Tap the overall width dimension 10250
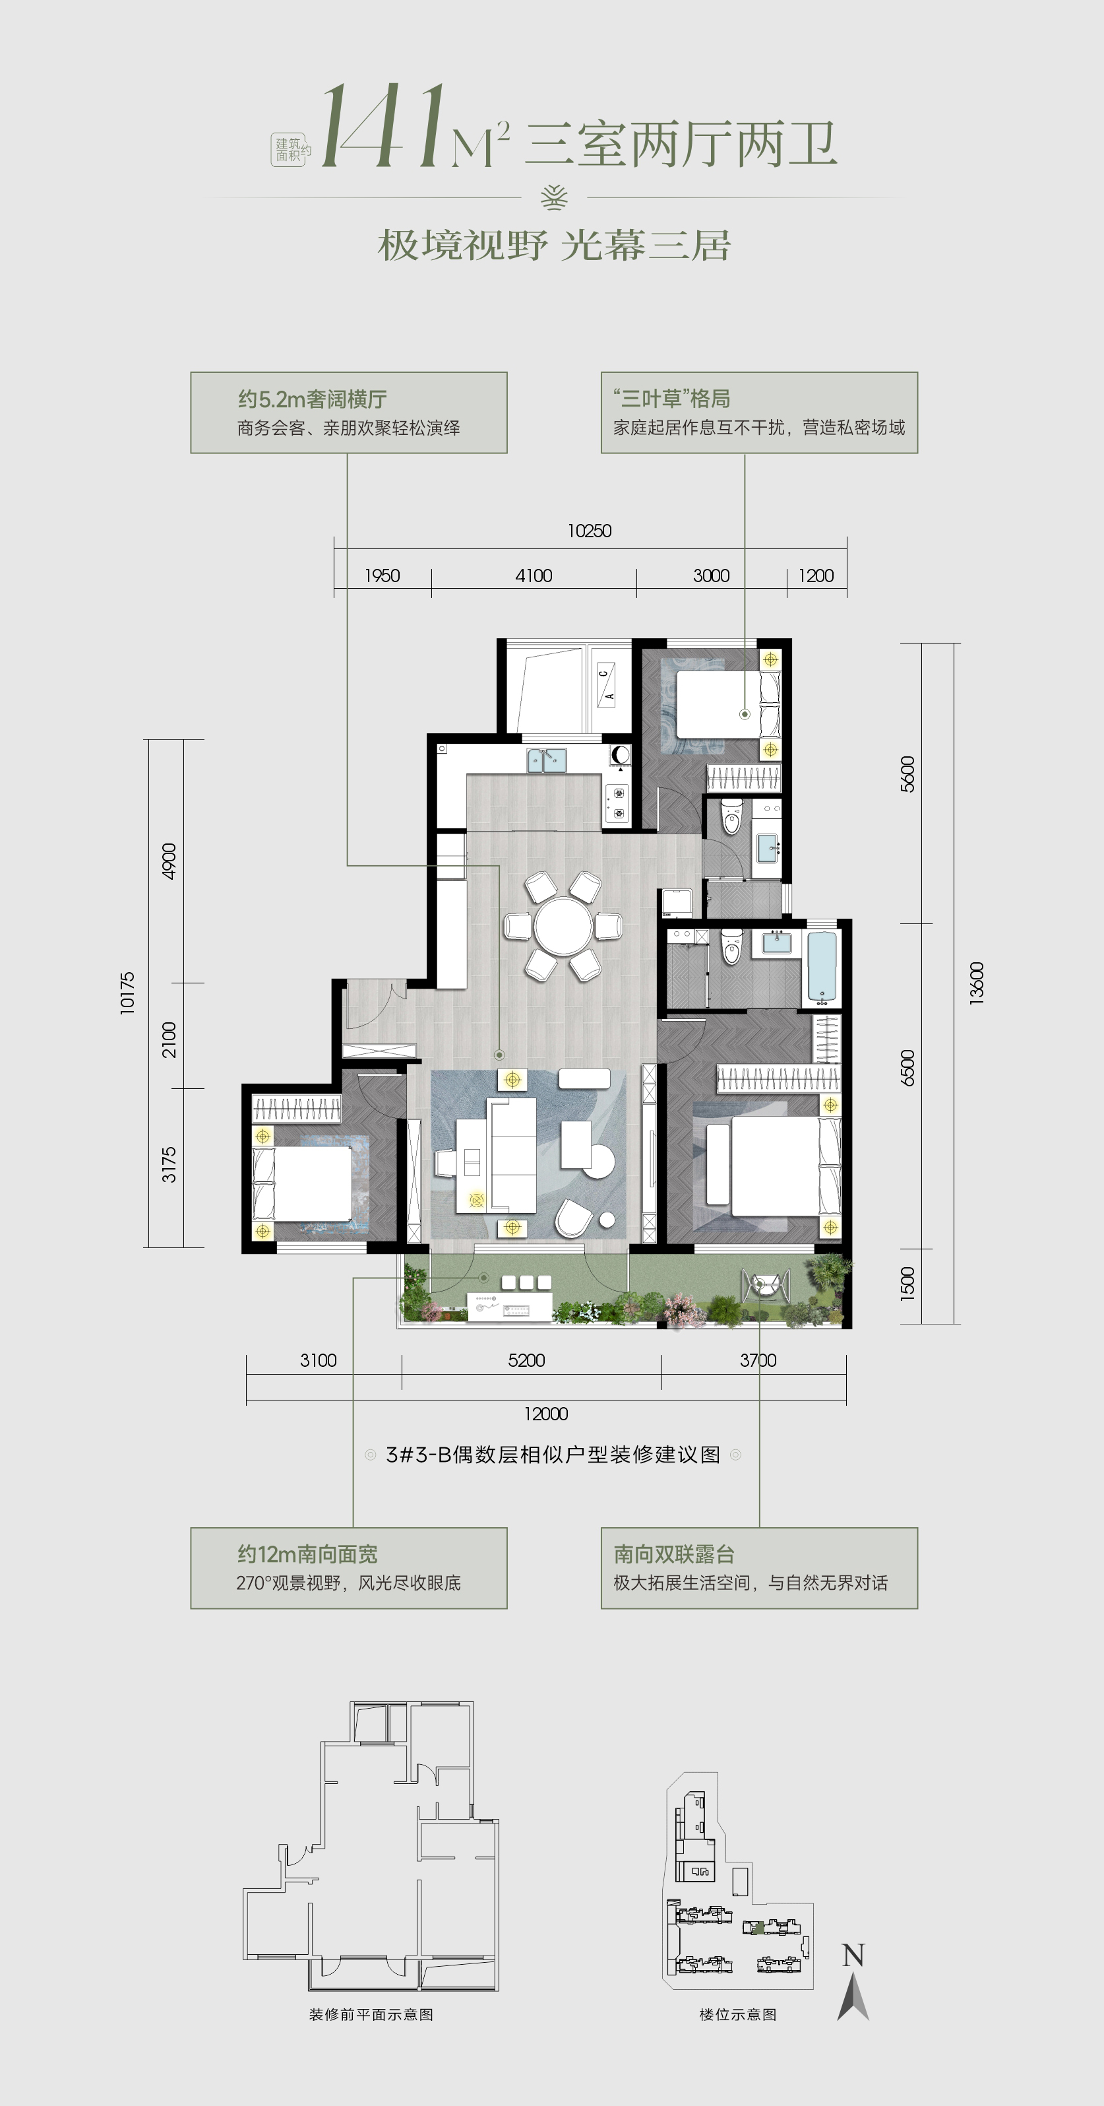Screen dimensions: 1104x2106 (589, 531)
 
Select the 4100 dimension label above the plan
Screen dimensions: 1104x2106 (534, 576)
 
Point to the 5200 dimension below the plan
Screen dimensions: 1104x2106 (526, 1360)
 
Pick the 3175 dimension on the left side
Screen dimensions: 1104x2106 (168, 1164)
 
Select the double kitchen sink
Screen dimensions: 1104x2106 (547, 760)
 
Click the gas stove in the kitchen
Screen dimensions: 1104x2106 (616, 802)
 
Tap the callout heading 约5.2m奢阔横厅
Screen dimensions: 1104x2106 (312, 399)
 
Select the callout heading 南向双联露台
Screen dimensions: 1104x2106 (674, 1554)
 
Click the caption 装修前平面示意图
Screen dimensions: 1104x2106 (371, 2014)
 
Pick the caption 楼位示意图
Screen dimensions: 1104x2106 (738, 2014)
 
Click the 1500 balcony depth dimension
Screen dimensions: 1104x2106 (907, 1284)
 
